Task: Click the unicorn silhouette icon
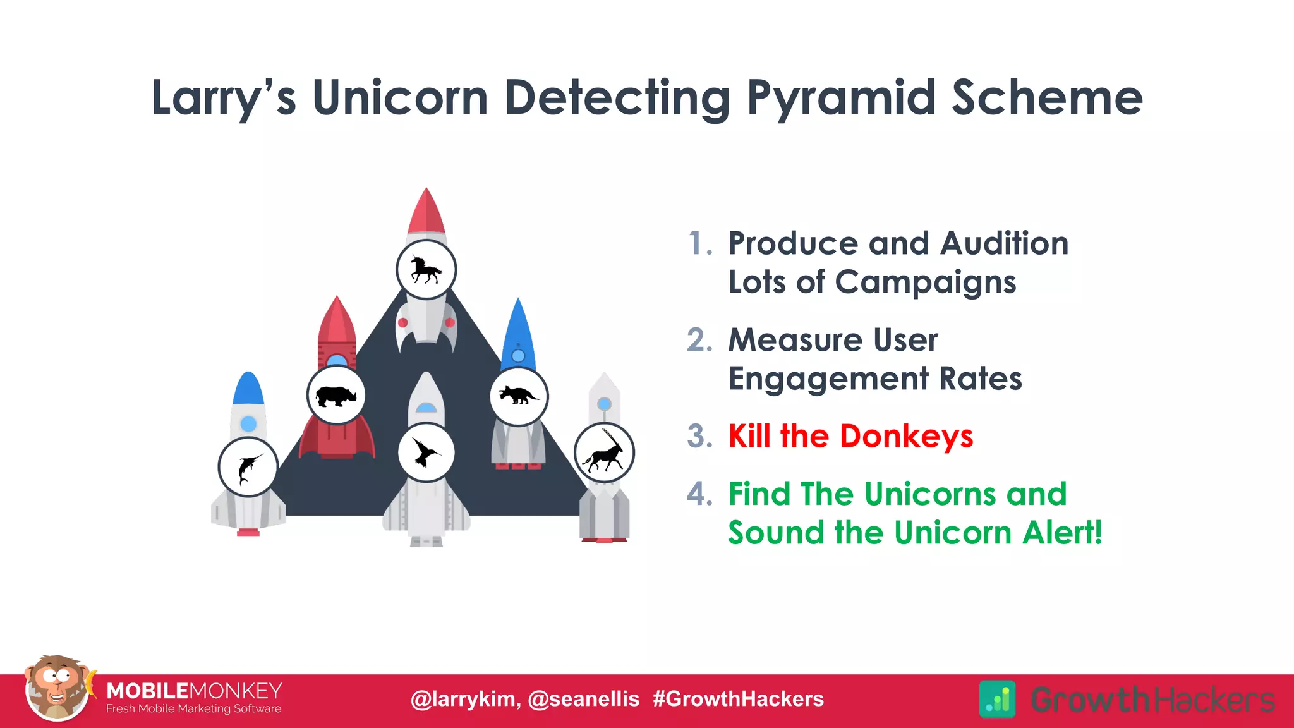(x=426, y=269)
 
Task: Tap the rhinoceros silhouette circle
(x=336, y=396)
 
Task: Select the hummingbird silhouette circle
(x=426, y=452)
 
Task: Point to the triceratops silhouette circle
(x=519, y=396)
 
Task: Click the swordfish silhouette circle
(x=248, y=468)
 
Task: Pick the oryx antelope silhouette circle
(x=604, y=453)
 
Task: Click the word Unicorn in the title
(x=400, y=98)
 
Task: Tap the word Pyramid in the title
(x=841, y=98)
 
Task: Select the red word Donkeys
(x=906, y=436)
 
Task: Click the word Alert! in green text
(x=1062, y=532)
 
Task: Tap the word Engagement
(x=828, y=379)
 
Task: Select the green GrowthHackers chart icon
(x=997, y=700)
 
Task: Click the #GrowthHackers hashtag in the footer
(x=738, y=699)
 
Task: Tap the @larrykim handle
(x=466, y=699)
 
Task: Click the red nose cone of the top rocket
(x=426, y=212)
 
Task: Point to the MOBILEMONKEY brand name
(x=194, y=691)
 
